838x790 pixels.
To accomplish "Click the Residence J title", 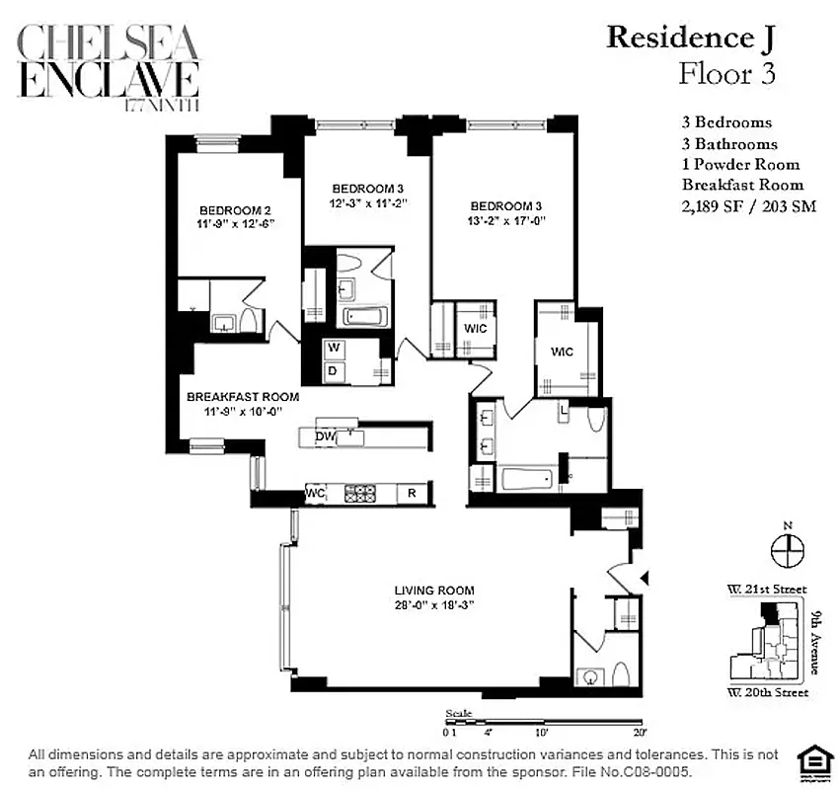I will pos(691,38).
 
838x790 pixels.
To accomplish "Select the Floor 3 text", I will pos(727,75).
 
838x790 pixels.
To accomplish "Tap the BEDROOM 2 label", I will pos(235,210).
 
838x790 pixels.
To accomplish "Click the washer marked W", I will pos(335,348).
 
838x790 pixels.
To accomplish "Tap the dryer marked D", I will pos(335,370).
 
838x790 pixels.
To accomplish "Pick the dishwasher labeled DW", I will pos(323,436).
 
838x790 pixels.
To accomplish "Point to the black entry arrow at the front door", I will pos(645,578).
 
